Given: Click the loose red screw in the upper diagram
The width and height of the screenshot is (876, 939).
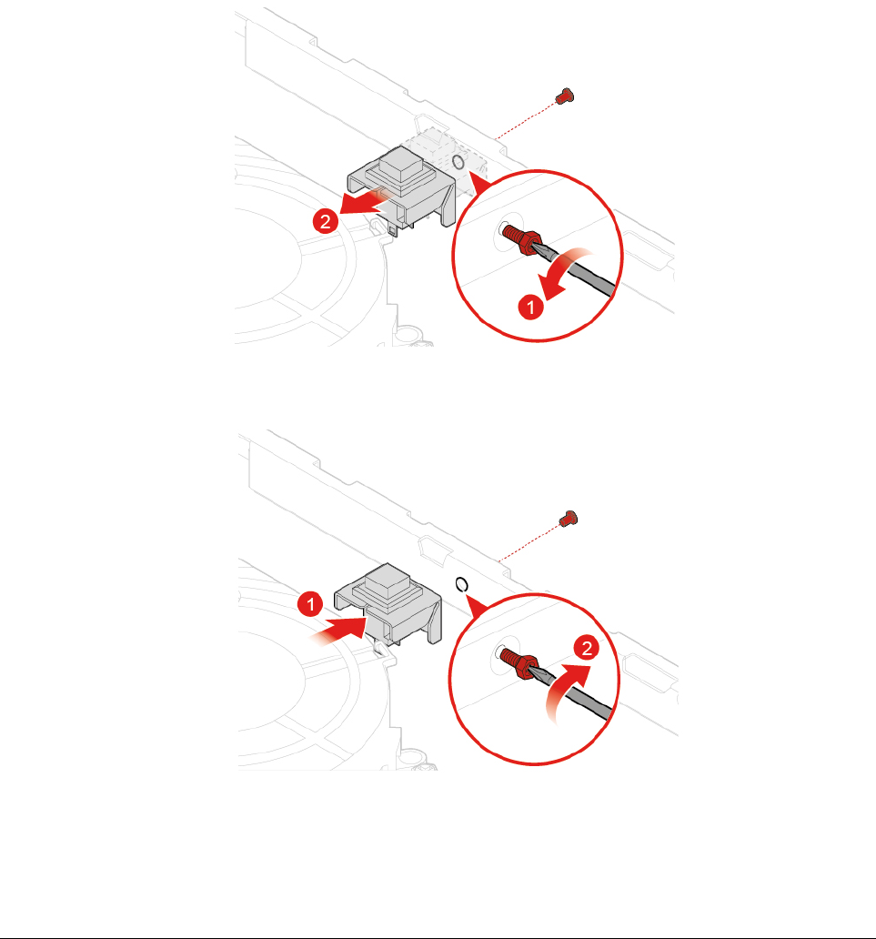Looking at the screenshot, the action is pos(564,96).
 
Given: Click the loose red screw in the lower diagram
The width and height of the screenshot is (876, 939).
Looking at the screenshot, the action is pos(568,519).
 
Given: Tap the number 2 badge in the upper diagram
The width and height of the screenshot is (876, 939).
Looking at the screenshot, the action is pos(325,222).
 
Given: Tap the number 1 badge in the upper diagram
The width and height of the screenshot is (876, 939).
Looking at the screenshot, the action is pos(530,307).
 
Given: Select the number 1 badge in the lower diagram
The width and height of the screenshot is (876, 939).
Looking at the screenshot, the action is pos(310,604).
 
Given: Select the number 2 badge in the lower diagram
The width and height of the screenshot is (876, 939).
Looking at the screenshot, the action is pos(586,648).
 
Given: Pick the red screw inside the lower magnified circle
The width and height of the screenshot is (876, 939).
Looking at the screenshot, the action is pos(519,661).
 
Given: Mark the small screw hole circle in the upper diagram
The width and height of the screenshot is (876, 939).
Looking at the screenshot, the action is pos(458,162).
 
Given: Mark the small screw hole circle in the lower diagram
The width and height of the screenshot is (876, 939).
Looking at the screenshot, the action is pos(461,584).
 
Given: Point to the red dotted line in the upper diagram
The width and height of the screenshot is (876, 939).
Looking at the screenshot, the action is pos(526,120).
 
